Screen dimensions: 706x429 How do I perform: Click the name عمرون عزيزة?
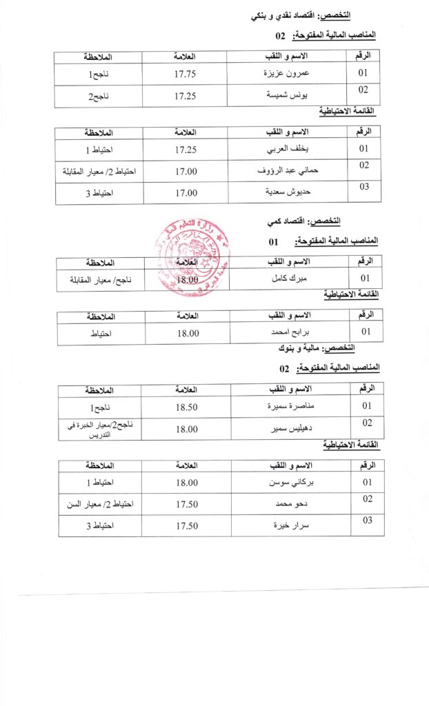(288, 73)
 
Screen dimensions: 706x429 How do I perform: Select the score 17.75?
(186, 74)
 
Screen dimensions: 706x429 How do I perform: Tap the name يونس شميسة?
(287, 96)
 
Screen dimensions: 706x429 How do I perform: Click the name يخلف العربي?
(288, 150)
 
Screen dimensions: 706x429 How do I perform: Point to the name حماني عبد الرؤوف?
(287, 171)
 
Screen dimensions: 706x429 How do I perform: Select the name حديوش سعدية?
(287, 193)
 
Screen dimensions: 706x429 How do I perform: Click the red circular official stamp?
(185, 258)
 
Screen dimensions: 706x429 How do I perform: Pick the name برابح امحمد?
(288, 333)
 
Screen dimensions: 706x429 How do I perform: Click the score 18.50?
(186, 407)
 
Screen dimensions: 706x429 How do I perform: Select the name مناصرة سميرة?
(288, 407)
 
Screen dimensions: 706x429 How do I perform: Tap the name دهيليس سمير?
(288, 429)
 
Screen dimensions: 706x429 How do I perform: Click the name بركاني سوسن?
(288, 483)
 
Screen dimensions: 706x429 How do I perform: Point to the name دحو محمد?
(288, 504)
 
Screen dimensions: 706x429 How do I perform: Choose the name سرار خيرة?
(288, 526)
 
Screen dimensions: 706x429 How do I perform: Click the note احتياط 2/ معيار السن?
(101, 504)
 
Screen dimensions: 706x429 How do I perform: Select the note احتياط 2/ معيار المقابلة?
(100, 171)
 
